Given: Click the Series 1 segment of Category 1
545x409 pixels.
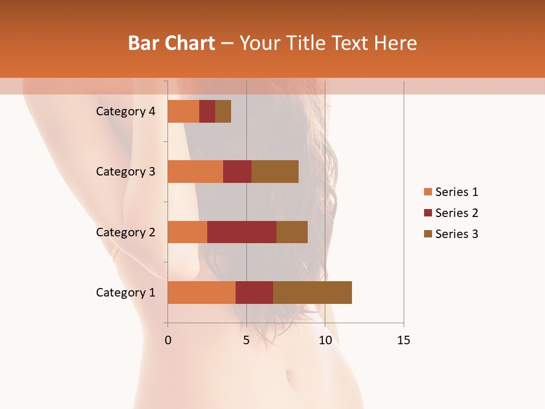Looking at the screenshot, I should pos(202,293).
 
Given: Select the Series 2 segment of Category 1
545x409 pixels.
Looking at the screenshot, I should pos(254,293).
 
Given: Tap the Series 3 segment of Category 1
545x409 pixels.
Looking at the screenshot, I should pos(312,293).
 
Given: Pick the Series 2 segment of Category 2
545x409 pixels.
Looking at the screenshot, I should pos(242,232).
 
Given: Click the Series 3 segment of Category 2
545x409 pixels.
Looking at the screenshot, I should pos(292,232).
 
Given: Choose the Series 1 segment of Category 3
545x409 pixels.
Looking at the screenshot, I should pos(195,172).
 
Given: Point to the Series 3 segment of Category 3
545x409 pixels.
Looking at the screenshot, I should pos(275,172).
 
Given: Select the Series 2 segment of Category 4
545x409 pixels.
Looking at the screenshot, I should pos(207,111).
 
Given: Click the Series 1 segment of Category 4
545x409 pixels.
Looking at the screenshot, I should pos(183,111).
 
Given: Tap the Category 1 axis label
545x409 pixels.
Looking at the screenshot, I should pos(125,293).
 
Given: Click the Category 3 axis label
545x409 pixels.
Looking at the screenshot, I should pos(125,172).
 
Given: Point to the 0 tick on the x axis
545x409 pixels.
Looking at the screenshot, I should pos(168,340).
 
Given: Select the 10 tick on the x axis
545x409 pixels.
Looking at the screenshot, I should pos(325,340).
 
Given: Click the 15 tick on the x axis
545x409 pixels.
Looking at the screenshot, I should pos(404,340).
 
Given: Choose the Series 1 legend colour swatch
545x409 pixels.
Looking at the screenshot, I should pos(427,192).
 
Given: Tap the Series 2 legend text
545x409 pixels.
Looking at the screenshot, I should pos(456,213).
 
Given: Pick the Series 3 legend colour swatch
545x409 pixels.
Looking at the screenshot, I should pos(427,234).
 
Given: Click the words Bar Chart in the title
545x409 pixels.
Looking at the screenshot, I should pos(171,43).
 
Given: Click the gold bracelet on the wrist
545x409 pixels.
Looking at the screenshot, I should pos(115,253).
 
